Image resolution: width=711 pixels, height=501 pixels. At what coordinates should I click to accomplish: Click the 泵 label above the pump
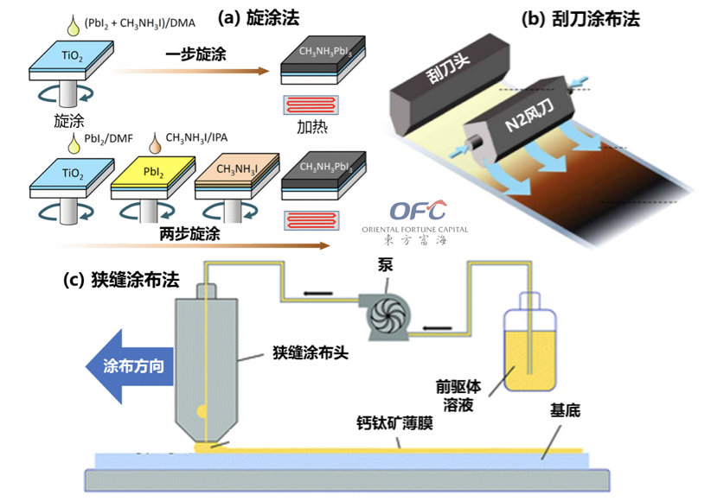click(x=385, y=267)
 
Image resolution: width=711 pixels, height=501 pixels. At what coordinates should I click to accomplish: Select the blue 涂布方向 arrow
click(x=130, y=365)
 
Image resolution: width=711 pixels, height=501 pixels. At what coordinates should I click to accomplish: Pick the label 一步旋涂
click(x=195, y=55)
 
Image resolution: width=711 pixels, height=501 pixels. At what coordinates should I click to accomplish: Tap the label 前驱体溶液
click(x=453, y=395)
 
